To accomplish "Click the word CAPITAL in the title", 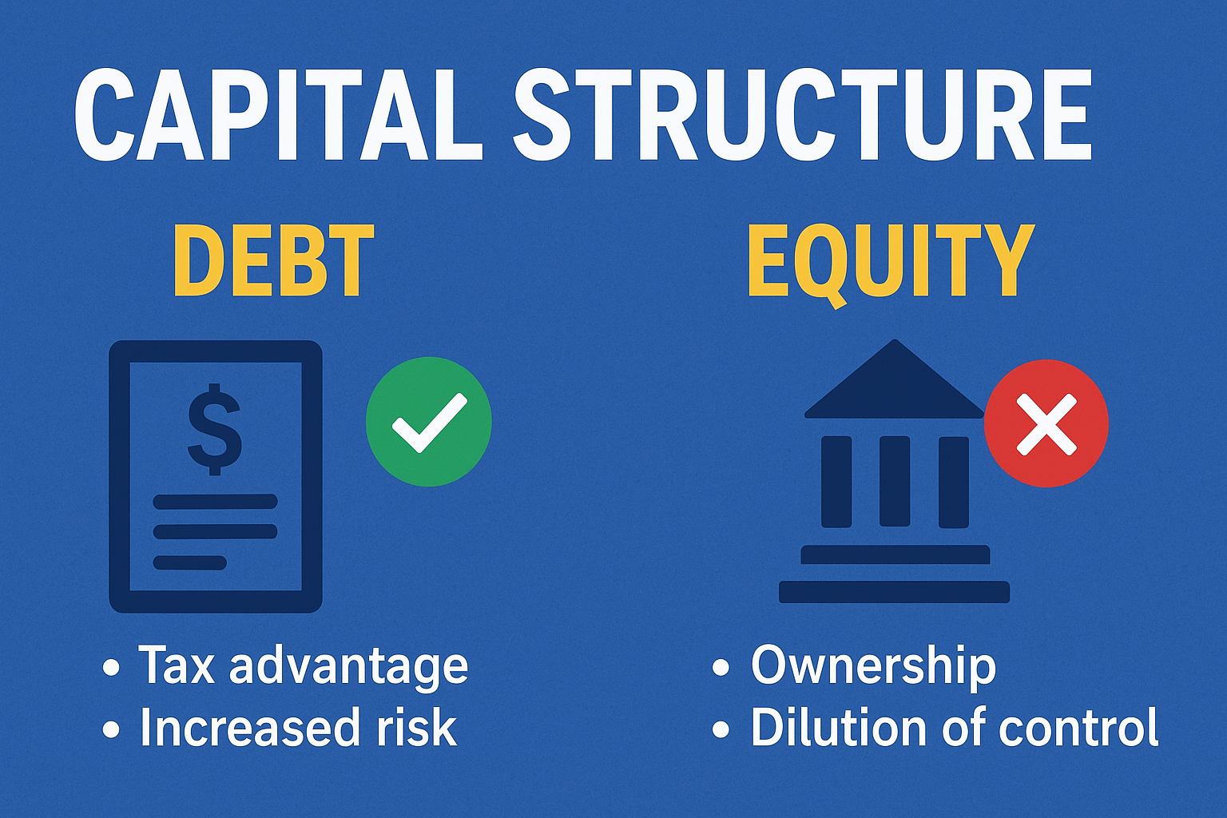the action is point(278,114).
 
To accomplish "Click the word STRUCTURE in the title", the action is point(804,114).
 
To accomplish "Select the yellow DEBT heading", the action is point(273,260).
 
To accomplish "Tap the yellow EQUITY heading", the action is point(891,264).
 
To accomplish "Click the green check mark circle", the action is point(429,421).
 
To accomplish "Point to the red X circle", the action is point(1046,423).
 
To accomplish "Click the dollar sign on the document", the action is point(215,428).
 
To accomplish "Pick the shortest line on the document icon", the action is point(190,562).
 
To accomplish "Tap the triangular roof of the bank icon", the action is point(895,383).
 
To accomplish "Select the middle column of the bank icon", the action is point(895,481).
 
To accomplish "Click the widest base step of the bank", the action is point(894,592).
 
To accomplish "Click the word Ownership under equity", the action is point(873,666).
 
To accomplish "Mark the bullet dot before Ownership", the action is point(721,668).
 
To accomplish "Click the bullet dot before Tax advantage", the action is point(111,668).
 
